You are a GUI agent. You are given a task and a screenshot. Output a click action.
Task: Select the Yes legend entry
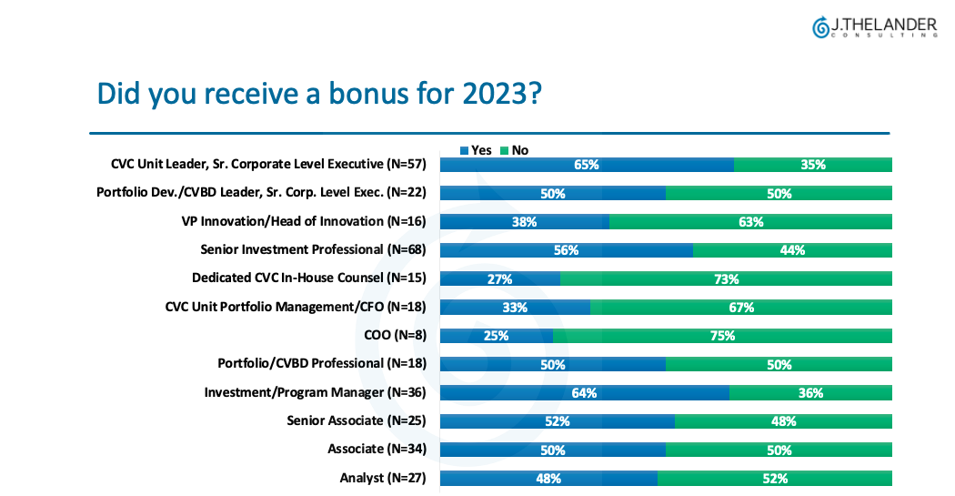(x=476, y=150)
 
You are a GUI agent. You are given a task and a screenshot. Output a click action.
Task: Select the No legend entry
(x=514, y=150)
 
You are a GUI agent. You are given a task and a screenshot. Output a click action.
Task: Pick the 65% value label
(x=587, y=165)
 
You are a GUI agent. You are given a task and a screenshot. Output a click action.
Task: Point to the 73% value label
(x=726, y=278)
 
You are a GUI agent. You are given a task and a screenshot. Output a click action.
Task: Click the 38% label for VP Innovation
(x=524, y=221)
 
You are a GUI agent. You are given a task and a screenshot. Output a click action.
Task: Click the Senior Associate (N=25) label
(x=357, y=420)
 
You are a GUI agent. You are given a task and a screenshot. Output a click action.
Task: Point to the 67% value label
(x=741, y=307)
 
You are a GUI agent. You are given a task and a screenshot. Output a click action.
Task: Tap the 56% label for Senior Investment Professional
(x=566, y=250)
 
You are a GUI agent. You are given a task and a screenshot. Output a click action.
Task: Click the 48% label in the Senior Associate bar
(x=783, y=420)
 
